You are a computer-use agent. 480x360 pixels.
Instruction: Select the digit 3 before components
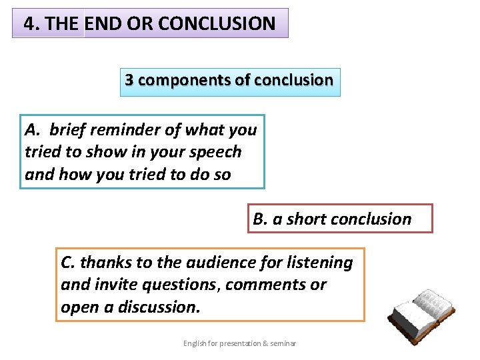click(x=129, y=80)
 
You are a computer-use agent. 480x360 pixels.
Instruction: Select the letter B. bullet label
click(x=260, y=219)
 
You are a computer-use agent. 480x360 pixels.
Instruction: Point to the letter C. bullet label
click(x=68, y=263)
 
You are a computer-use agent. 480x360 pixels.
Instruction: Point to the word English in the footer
click(x=196, y=343)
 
